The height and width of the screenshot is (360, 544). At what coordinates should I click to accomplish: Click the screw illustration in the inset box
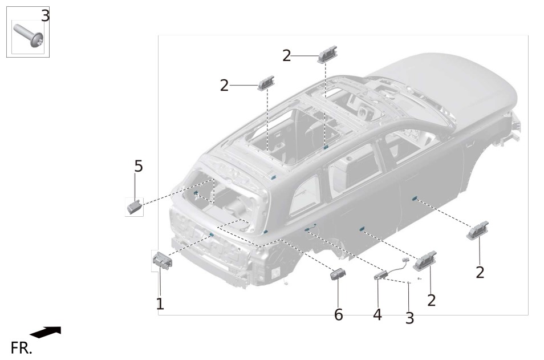pyautogui.click(x=29, y=36)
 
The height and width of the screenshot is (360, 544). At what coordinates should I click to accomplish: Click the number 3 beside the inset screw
pyautogui.click(x=46, y=15)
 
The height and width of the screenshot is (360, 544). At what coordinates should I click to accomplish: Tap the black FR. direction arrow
pyautogui.click(x=46, y=332)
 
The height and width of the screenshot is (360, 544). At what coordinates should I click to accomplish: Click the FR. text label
pyautogui.click(x=21, y=348)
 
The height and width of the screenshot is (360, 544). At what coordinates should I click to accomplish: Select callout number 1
pyautogui.click(x=160, y=304)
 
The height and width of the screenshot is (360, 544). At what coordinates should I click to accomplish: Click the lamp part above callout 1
pyautogui.click(x=163, y=261)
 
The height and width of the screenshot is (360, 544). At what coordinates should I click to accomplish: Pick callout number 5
pyautogui.click(x=139, y=166)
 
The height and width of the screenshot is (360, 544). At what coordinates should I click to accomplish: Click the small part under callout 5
pyautogui.click(x=135, y=206)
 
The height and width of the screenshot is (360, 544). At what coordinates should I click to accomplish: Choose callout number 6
pyautogui.click(x=338, y=314)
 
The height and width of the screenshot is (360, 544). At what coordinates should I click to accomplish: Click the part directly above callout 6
pyautogui.click(x=337, y=274)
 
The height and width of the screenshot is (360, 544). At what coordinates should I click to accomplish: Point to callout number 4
pyautogui.click(x=377, y=314)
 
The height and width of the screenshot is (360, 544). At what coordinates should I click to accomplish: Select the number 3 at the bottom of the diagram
pyautogui.click(x=410, y=318)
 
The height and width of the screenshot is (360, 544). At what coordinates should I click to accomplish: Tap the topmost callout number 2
pyautogui.click(x=287, y=55)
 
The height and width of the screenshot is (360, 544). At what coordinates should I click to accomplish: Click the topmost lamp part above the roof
pyautogui.click(x=327, y=54)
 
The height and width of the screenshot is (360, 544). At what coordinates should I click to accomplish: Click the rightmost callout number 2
pyautogui.click(x=480, y=272)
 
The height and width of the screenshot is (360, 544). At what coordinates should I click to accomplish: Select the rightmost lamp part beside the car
pyautogui.click(x=477, y=230)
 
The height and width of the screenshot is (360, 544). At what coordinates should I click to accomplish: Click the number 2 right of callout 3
pyautogui.click(x=431, y=300)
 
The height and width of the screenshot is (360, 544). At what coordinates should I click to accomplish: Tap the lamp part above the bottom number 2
pyautogui.click(x=425, y=260)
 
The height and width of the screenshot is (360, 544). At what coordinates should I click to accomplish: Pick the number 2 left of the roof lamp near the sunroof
pyautogui.click(x=225, y=85)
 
